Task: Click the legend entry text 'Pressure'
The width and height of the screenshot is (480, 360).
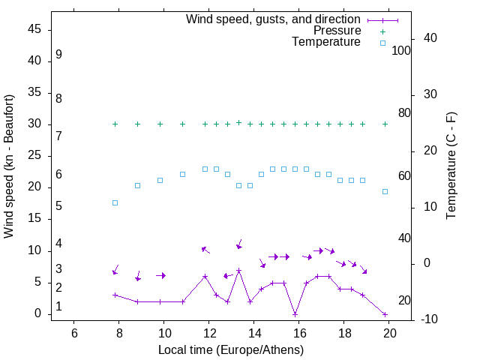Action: (337, 31)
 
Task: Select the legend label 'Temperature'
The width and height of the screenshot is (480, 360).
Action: (326, 42)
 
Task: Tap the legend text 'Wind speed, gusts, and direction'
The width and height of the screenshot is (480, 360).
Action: (273, 19)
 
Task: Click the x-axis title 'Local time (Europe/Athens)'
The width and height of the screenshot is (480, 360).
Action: (231, 349)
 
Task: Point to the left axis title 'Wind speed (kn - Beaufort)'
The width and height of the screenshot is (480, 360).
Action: (9, 166)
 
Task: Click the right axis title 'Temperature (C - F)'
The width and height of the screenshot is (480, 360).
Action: (451, 166)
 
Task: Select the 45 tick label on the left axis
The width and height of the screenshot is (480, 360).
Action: (35, 29)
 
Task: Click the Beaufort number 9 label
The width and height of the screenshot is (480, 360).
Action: (58, 55)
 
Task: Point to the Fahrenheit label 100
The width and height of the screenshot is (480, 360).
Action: (401, 51)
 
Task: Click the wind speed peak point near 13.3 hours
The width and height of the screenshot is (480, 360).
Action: (238, 270)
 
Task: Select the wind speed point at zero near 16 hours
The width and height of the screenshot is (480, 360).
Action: (295, 314)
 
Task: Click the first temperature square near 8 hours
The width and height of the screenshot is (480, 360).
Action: (115, 202)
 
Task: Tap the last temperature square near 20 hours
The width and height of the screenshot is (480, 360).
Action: (385, 191)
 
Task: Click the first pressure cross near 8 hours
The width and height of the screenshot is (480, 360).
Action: (115, 124)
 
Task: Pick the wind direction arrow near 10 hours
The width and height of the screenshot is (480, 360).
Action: (160, 275)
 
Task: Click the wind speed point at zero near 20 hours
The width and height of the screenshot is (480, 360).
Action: (385, 314)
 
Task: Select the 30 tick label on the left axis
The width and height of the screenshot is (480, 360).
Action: (35, 124)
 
